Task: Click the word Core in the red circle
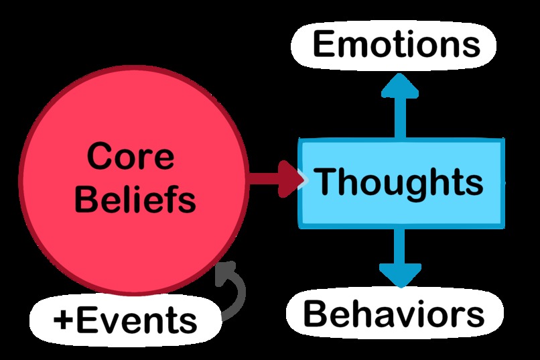[x=131, y=158]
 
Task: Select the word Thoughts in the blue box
[x=399, y=182]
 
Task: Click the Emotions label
[x=396, y=45]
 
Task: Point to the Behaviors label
[x=393, y=314]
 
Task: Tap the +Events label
[x=125, y=320]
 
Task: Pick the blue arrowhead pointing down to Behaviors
[x=400, y=274]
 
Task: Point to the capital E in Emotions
[x=324, y=45]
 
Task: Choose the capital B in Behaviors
[x=316, y=314]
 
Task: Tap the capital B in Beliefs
[x=86, y=198]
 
